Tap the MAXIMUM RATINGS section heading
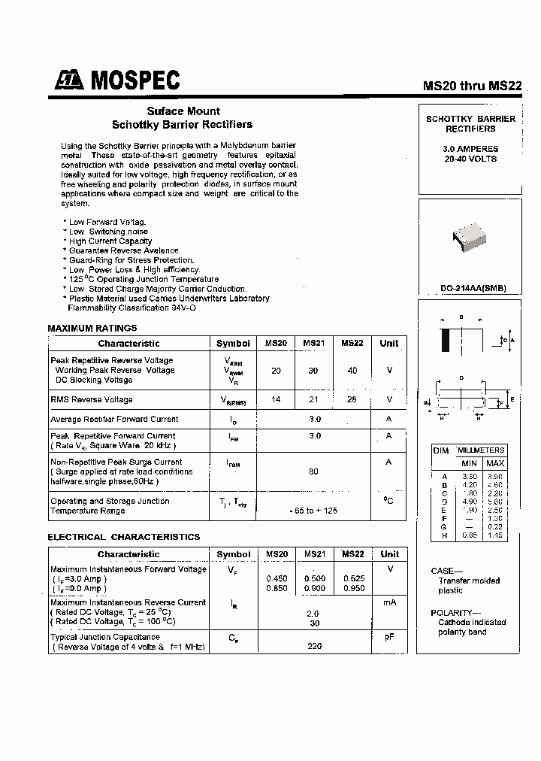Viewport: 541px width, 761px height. (x=92, y=328)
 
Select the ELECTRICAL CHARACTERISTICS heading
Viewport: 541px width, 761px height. (x=124, y=537)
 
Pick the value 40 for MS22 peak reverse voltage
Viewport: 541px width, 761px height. (x=352, y=370)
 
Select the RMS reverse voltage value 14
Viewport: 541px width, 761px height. (x=276, y=399)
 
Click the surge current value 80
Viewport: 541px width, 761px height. (x=313, y=471)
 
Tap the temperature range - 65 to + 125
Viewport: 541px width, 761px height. (x=313, y=511)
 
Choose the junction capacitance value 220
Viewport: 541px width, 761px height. (x=313, y=645)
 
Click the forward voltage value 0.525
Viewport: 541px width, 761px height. (x=352, y=578)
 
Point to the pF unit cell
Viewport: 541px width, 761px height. (x=389, y=636)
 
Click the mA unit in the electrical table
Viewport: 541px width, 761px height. (x=389, y=602)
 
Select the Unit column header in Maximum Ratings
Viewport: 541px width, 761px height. (x=388, y=343)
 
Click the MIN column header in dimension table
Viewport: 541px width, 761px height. (x=470, y=463)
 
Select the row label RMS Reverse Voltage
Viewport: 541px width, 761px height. (x=92, y=399)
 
